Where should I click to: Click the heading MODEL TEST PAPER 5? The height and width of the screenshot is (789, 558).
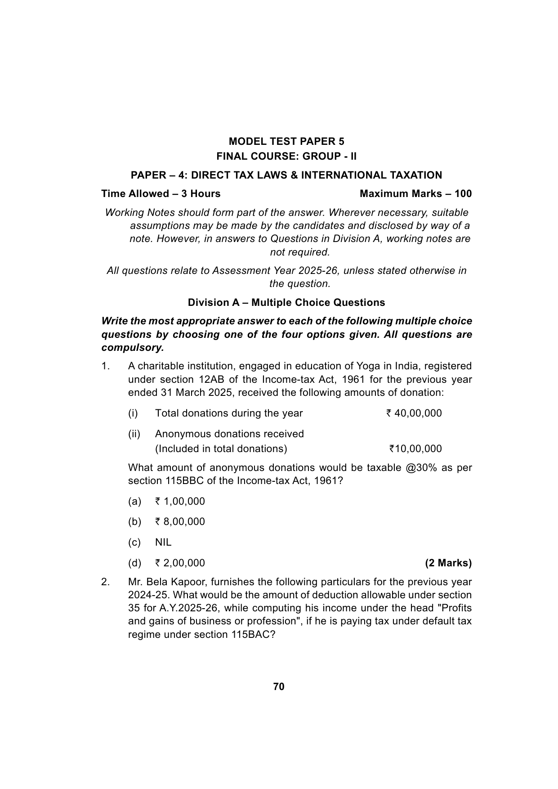pos(286,142)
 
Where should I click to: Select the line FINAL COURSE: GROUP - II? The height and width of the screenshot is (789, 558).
pos(286,157)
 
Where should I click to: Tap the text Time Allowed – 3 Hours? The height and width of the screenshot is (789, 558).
pos(161,194)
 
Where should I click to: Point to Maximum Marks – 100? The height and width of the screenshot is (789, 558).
pos(416,194)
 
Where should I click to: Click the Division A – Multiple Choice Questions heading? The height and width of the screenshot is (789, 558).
pos(286,303)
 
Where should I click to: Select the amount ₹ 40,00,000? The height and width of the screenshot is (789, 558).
pos(414,413)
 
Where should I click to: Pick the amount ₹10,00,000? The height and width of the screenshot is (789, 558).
pos(415,449)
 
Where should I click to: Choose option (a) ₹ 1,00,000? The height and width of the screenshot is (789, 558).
pos(180,502)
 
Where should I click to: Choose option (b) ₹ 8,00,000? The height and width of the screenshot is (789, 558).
pos(180,522)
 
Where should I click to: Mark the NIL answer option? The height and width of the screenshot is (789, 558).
pos(163,542)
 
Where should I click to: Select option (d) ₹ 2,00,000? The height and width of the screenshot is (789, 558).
pos(180,563)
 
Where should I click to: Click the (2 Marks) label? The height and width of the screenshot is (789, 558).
pos(448,563)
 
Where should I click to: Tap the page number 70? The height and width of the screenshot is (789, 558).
pos(279,687)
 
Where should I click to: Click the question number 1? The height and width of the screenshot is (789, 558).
pos(105,366)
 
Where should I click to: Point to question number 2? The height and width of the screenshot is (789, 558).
pos(105,582)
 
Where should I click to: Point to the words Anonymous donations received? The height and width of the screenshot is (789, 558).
pos(229,434)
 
